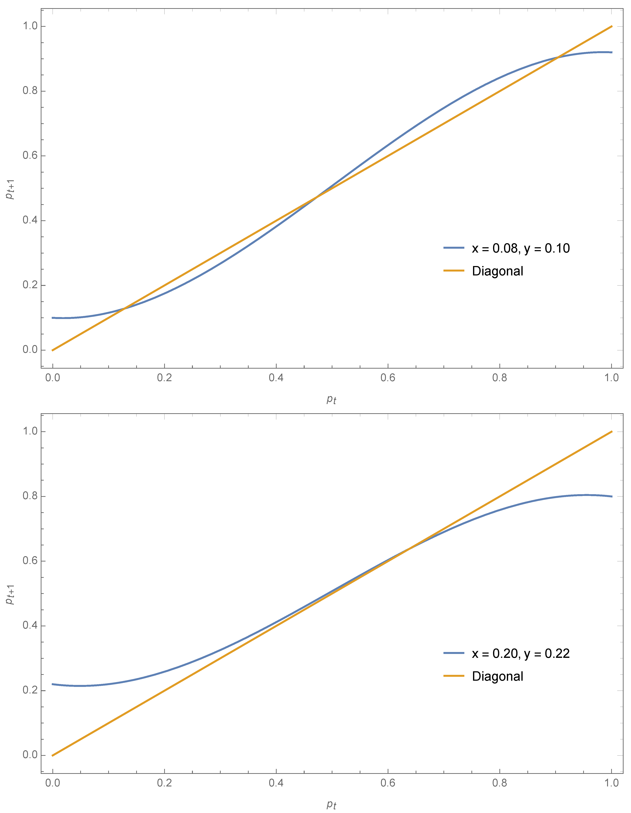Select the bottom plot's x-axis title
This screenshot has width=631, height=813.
(331, 805)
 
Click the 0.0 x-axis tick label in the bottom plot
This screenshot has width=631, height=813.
(52, 783)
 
